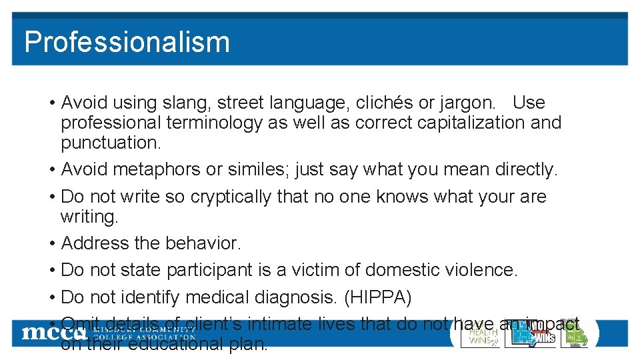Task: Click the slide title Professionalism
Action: [x=127, y=41]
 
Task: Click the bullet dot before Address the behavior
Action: [x=51, y=244]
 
